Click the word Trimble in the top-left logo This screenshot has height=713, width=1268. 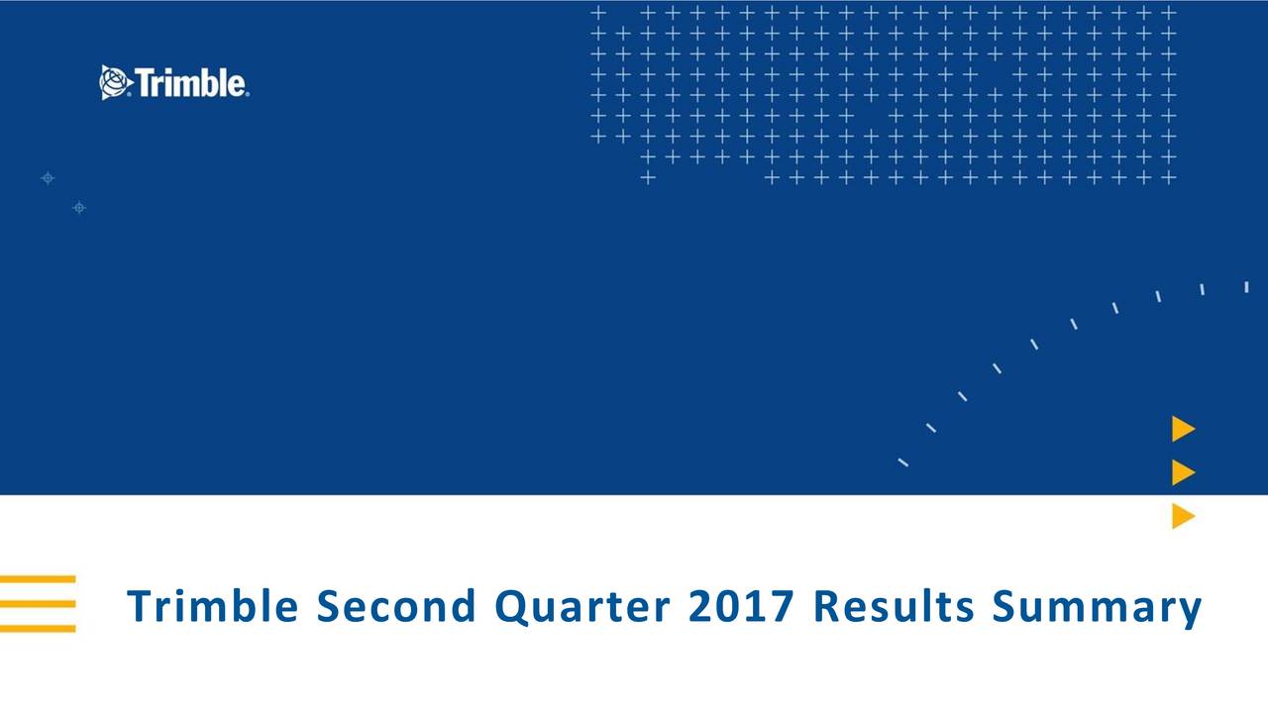190,83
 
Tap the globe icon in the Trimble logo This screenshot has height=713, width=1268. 114,82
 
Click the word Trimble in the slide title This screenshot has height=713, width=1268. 212,606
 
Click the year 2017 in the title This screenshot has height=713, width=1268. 741,606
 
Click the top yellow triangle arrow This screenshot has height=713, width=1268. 1183,429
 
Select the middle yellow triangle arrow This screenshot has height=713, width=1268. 1183,472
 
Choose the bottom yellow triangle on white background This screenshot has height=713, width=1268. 1183,516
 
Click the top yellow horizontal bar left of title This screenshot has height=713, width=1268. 38,578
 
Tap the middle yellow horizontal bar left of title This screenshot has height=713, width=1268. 38,603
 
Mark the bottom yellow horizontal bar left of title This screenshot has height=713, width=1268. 38,628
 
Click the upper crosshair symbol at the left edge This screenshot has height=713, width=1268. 47,179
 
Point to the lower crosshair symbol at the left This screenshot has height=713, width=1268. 79,207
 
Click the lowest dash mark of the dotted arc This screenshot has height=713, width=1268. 903,462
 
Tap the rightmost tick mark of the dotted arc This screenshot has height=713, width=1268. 1246,287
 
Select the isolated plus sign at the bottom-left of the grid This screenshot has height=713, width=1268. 648,178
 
